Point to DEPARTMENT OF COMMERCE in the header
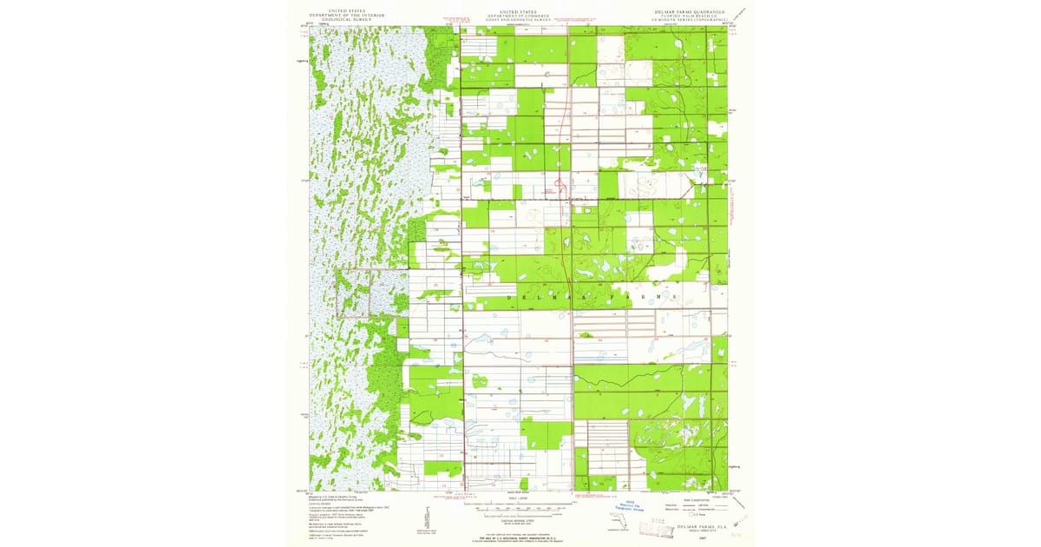click(519, 16)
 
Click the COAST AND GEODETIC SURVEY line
click(519, 21)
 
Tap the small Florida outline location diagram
click(618, 520)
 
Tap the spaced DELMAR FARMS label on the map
click(590, 297)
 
